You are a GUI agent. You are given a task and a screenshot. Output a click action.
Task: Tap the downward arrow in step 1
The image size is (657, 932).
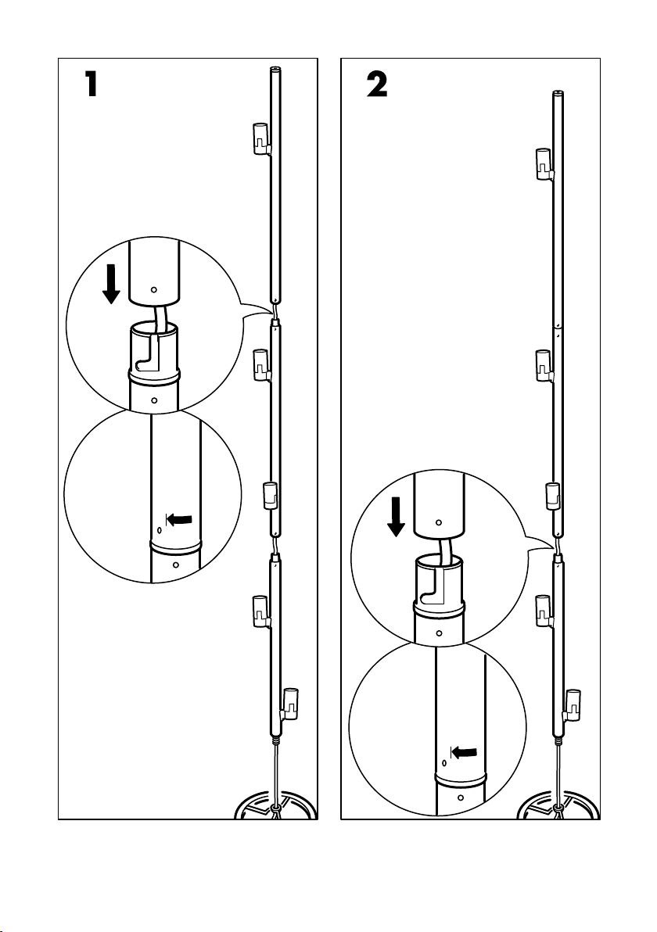pyautogui.click(x=111, y=285)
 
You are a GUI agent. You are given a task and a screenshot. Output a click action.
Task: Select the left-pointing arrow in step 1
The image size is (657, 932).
pyautogui.click(x=179, y=519)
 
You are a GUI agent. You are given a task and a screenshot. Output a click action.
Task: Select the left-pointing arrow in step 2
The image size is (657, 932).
pyautogui.click(x=464, y=752)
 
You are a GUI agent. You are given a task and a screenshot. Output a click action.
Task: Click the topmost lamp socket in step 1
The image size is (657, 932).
pyautogui.click(x=260, y=138)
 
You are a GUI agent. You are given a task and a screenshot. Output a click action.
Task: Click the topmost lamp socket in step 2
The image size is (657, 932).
pyautogui.click(x=544, y=163)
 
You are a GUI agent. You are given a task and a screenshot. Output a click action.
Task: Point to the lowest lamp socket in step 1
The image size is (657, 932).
pyautogui.click(x=291, y=704)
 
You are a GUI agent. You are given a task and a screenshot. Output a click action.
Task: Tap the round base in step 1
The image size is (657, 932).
pyautogui.click(x=275, y=805)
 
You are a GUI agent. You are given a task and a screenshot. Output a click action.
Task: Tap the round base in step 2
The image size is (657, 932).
pyautogui.click(x=558, y=805)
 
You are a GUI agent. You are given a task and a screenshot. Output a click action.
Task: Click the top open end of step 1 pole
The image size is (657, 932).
pyautogui.click(x=275, y=69)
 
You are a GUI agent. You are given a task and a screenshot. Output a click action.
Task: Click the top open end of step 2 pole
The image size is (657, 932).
pyautogui.click(x=558, y=93)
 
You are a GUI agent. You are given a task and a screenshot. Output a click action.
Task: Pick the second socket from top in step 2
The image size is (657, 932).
pyautogui.click(x=544, y=366)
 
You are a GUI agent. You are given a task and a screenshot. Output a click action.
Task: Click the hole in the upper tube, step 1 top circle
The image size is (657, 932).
pyautogui.click(x=153, y=289)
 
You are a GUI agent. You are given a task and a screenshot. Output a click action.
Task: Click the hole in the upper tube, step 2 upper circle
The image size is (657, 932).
pyautogui.click(x=439, y=522)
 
